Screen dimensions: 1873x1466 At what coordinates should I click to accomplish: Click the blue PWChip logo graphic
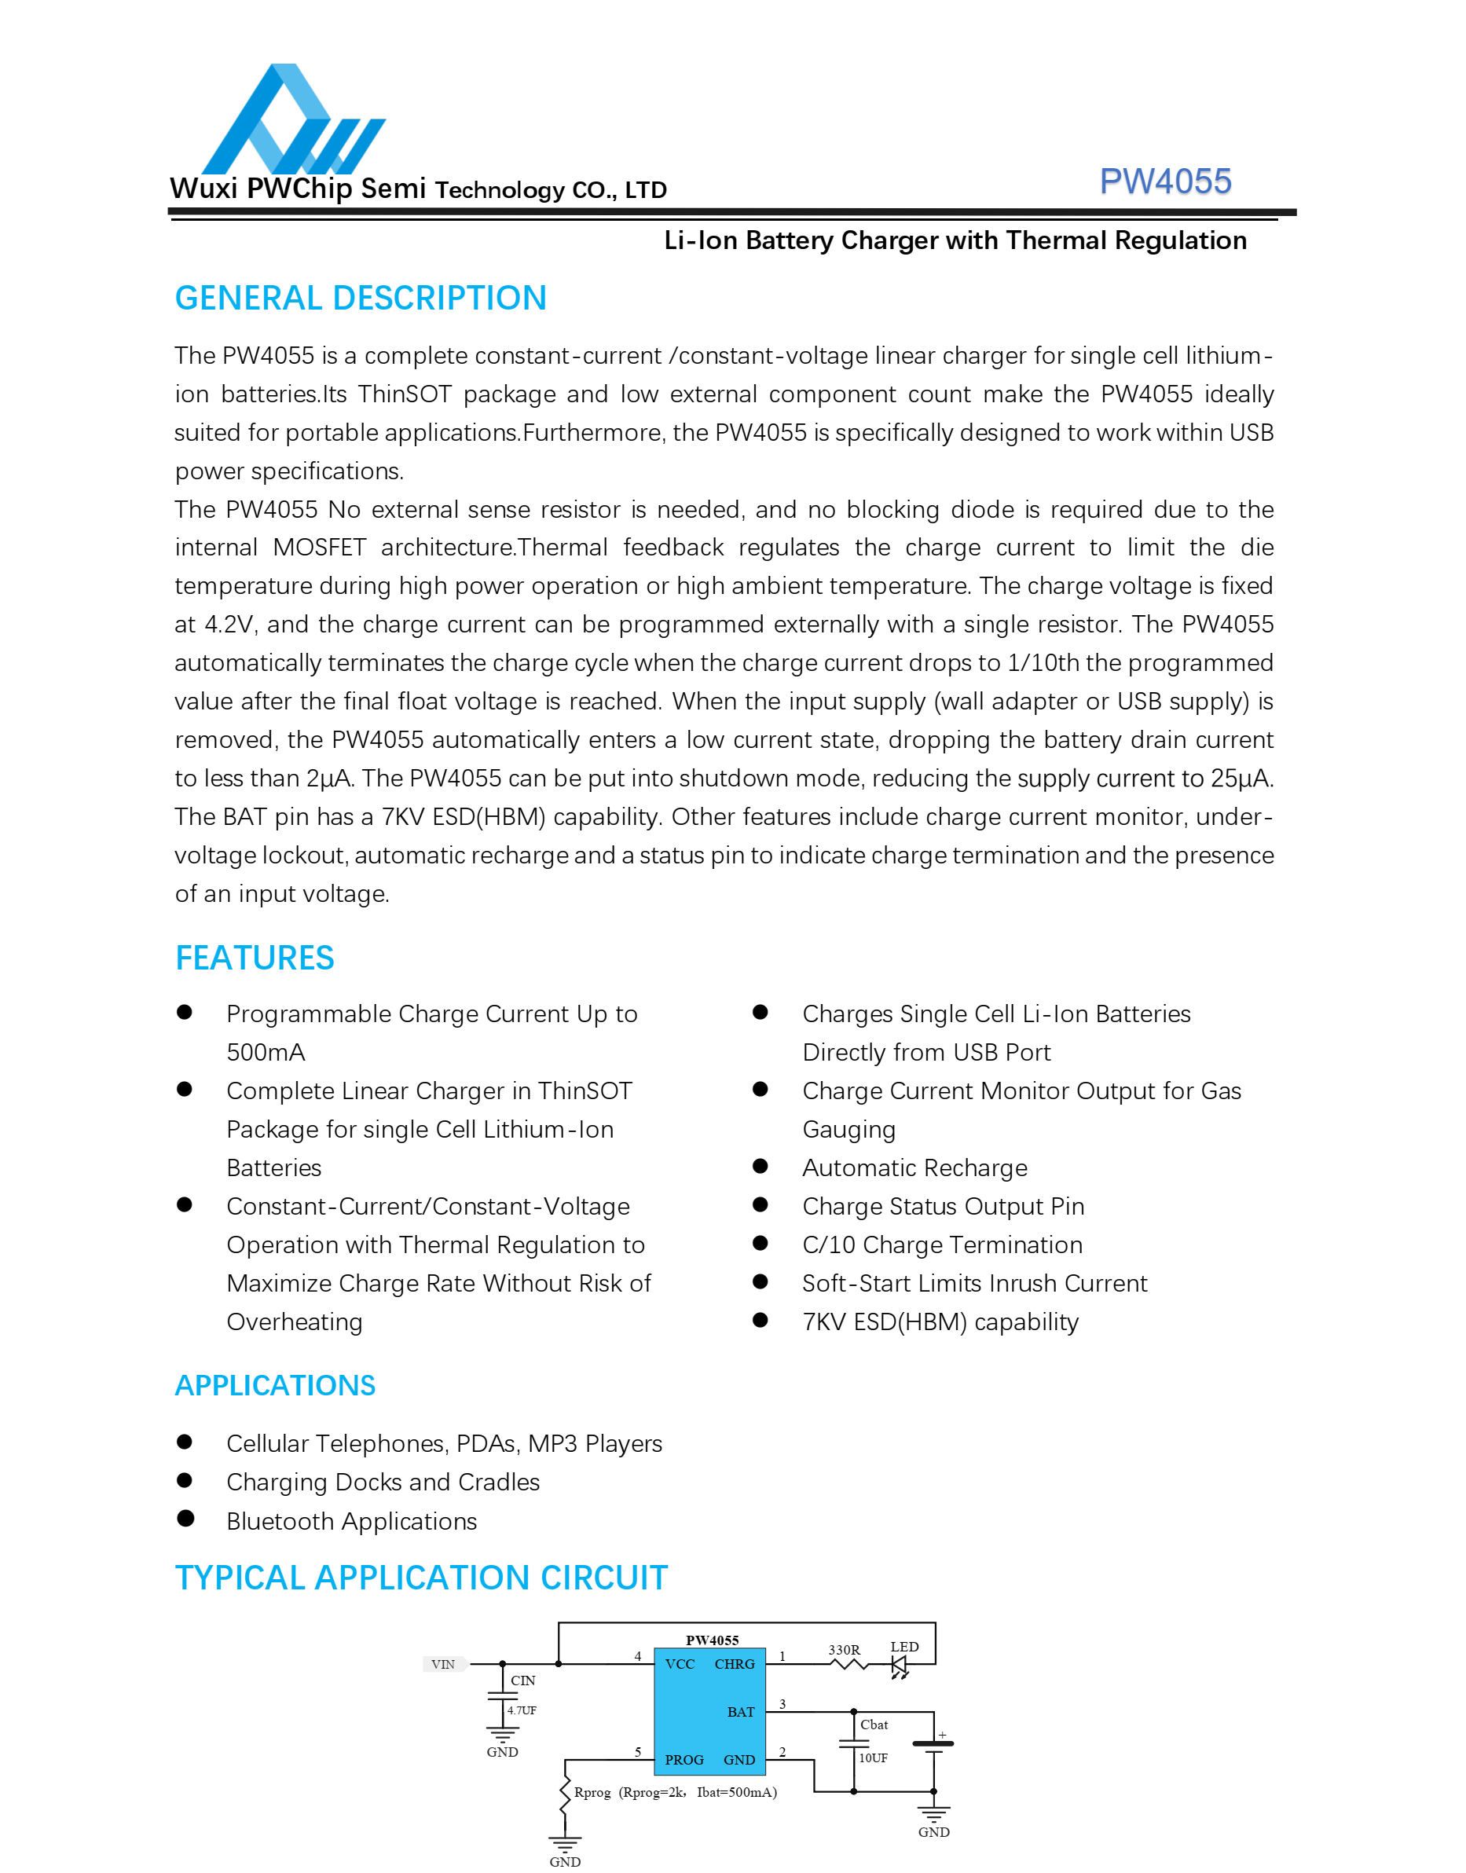pyautogui.click(x=291, y=120)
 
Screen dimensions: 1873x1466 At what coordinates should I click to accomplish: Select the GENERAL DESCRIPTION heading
pyautogui.click(x=361, y=299)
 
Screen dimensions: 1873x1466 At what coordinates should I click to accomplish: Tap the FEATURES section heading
pyautogui.click(x=254, y=958)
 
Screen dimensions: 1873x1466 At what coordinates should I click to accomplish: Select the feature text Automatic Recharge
pyautogui.click(x=914, y=1168)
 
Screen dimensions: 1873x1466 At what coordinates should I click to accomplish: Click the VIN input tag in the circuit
pyautogui.click(x=444, y=1665)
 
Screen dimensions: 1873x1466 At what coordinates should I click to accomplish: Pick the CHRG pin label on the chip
pyautogui.click(x=734, y=1665)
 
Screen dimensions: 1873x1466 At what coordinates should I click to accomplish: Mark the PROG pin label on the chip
pyautogui.click(x=684, y=1760)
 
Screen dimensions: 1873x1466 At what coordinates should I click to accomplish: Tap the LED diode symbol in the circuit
pyautogui.click(x=899, y=1666)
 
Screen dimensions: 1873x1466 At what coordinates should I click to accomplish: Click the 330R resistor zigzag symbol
pyautogui.click(x=848, y=1665)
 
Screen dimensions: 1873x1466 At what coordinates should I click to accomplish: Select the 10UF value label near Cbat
pyautogui.click(x=873, y=1758)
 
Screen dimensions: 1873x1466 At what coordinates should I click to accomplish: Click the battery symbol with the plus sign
pyautogui.click(x=933, y=1744)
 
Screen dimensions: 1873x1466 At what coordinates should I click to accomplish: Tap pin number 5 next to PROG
pyautogui.click(x=638, y=1752)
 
